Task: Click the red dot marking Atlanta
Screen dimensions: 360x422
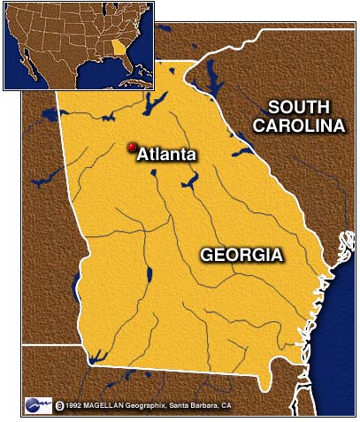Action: [x=132, y=147]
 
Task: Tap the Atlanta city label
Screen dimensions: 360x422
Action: [x=166, y=154]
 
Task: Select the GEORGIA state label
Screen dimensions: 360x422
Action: [x=241, y=255]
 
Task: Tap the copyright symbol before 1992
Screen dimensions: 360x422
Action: [x=59, y=406]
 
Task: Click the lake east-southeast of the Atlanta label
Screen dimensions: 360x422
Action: [x=188, y=182]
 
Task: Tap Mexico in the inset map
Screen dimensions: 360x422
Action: [x=49, y=71]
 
